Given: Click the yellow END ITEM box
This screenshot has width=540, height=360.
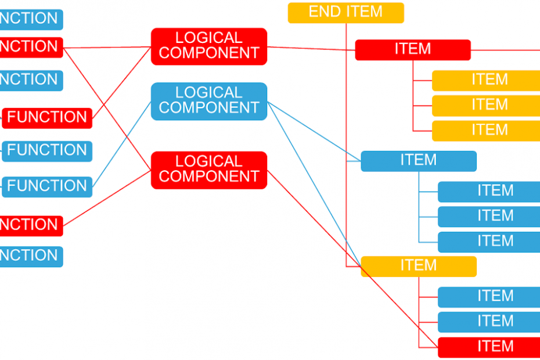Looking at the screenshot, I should point(345,12).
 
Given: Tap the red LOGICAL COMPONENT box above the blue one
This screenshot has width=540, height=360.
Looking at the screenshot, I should point(208,46).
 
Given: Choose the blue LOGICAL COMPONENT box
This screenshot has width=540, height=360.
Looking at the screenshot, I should point(208,101).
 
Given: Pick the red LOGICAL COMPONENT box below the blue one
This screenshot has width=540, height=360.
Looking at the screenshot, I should point(208,170).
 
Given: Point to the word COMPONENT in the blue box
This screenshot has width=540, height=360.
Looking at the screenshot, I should point(208,107).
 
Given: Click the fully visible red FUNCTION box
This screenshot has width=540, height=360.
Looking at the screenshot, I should point(47,118).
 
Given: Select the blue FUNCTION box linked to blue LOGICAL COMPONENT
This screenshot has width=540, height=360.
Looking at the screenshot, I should point(47,186).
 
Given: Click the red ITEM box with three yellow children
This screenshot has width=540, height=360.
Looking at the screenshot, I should point(412,50).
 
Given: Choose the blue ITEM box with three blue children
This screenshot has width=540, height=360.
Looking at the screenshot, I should point(418,161).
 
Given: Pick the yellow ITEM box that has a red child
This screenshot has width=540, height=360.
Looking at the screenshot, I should point(418,267).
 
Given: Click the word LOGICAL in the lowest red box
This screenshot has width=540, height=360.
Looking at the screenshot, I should point(208,162).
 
